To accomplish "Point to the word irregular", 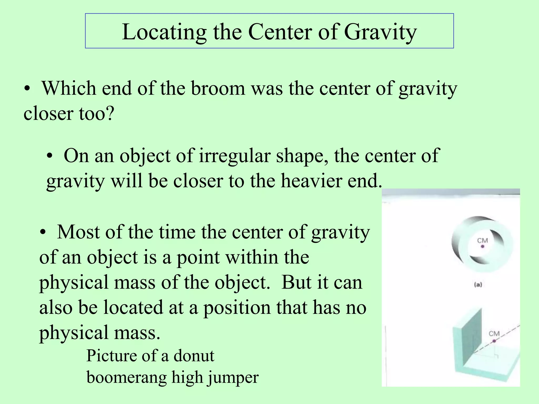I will pos(234,156).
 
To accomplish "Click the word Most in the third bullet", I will pos(78,232).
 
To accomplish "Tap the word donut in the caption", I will pos(194,356).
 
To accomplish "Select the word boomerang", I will pos(127,378).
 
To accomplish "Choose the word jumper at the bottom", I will pos(233,378).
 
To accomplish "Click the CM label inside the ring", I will pos(482,240).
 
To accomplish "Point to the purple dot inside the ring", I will pos(482,246).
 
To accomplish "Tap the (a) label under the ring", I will pos(478,285).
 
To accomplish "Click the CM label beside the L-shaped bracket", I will pos(494,334).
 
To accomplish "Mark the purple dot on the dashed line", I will pos(494,341).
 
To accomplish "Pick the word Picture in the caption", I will pos(112,356).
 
